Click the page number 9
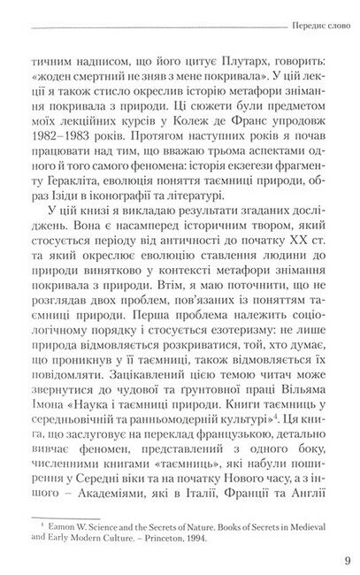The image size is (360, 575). point(344,558)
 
